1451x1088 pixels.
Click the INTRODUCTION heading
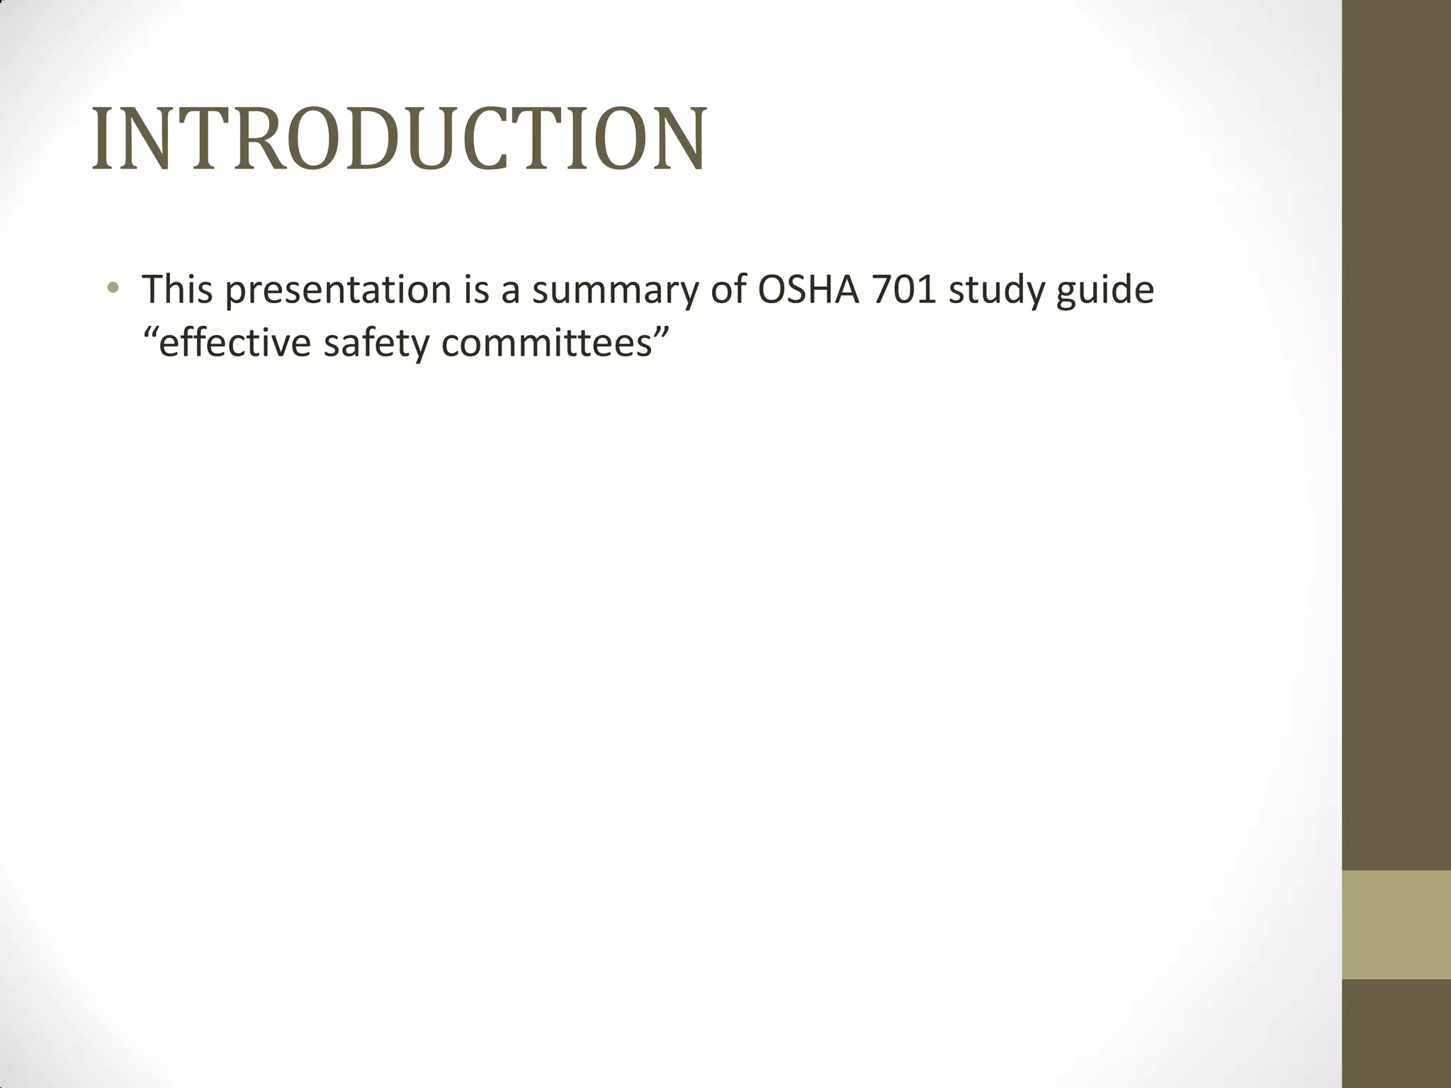399,139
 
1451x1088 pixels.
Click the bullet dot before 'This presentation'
113,288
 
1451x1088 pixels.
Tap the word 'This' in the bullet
177,289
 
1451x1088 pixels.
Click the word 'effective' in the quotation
235,344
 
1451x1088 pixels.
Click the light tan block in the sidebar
1396,924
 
